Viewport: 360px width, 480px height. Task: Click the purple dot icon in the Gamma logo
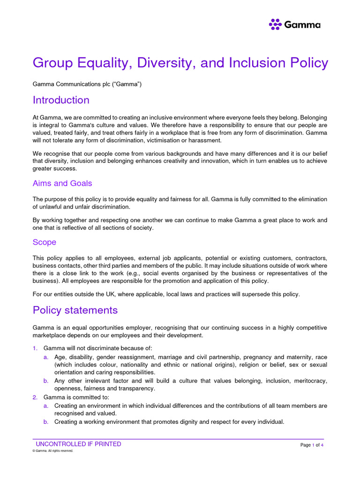coord(275,24)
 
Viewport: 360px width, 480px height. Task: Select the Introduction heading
coord(61,100)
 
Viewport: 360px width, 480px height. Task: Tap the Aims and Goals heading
coord(62,183)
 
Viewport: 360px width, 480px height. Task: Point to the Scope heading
coord(45,242)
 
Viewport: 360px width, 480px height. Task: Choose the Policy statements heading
coord(75,310)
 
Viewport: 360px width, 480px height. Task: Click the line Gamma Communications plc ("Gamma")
coord(87,84)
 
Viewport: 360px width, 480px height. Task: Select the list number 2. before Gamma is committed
coord(35,397)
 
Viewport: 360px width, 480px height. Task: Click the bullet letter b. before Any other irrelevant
coord(46,381)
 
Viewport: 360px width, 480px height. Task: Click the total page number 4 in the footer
coord(322,445)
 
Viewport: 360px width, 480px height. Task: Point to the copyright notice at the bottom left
coord(53,451)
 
